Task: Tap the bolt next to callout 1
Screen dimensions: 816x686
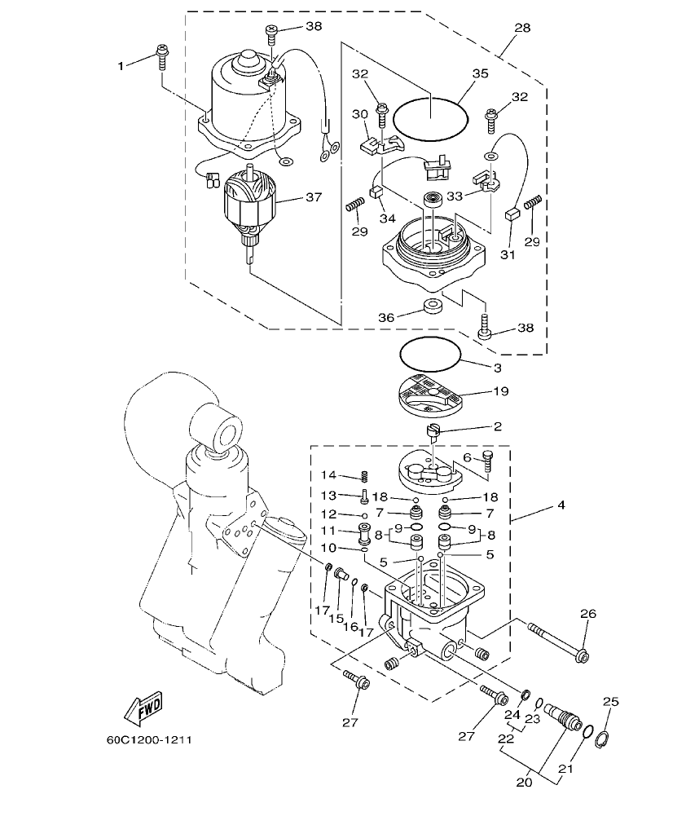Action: click(x=161, y=56)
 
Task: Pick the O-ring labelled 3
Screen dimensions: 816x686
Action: click(x=430, y=354)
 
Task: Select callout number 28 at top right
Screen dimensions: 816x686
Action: click(x=521, y=29)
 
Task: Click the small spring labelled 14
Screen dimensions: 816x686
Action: click(x=366, y=476)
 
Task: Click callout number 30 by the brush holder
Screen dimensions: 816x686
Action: click(x=360, y=114)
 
